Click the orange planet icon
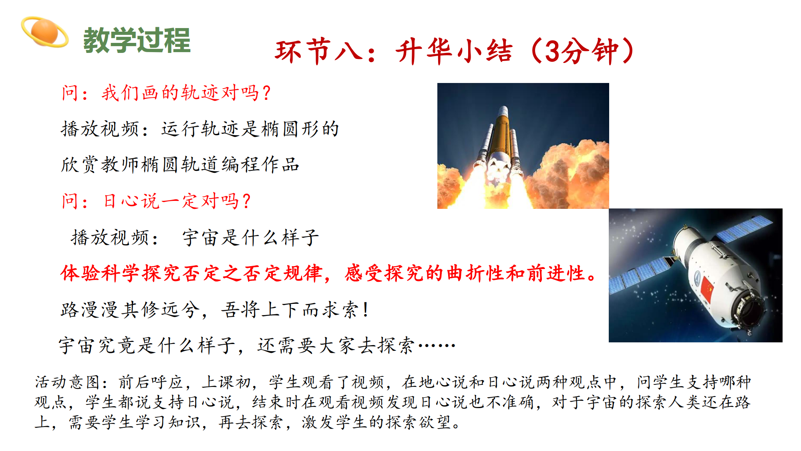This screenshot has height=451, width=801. tap(45, 32)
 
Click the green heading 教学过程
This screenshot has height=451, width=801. tap(137, 40)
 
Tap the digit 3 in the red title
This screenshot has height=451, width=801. tap(552, 51)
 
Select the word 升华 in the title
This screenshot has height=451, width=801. tap(424, 51)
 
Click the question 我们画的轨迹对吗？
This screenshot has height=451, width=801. tap(187, 93)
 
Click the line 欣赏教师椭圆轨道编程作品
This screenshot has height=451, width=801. tap(180, 165)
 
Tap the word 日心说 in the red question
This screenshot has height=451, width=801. tap(131, 201)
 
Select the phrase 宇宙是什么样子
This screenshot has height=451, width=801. tap(251, 237)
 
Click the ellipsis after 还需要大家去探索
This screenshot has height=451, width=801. tap(437, 345)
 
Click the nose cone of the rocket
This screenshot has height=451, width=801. tap(503, 111)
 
